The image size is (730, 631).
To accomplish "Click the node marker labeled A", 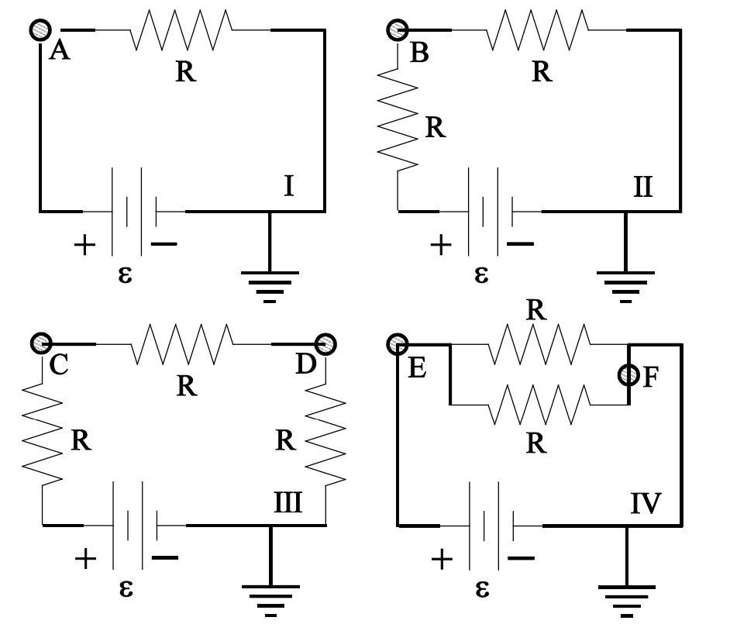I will pyautogui.click(x=40, y=30).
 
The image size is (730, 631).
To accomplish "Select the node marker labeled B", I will pyautogui.click(x=397, y=30).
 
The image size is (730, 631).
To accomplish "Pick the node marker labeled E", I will pyautogui.click(x=398, y=343).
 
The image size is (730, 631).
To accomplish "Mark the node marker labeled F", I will pyautogui.click(x=628, y=376).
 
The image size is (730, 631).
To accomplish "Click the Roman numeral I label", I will pyautogui.click(x=288, y=186).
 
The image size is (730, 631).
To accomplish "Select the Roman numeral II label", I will pyautogui.click(x=643, y=187).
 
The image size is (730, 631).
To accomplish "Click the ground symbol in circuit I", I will pyautogui.click(x=270, y=282).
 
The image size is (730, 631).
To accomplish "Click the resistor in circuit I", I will pyautogui.click(x=183, y=31).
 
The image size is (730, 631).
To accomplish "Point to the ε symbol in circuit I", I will pyautogui.click(x=125, y=274).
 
